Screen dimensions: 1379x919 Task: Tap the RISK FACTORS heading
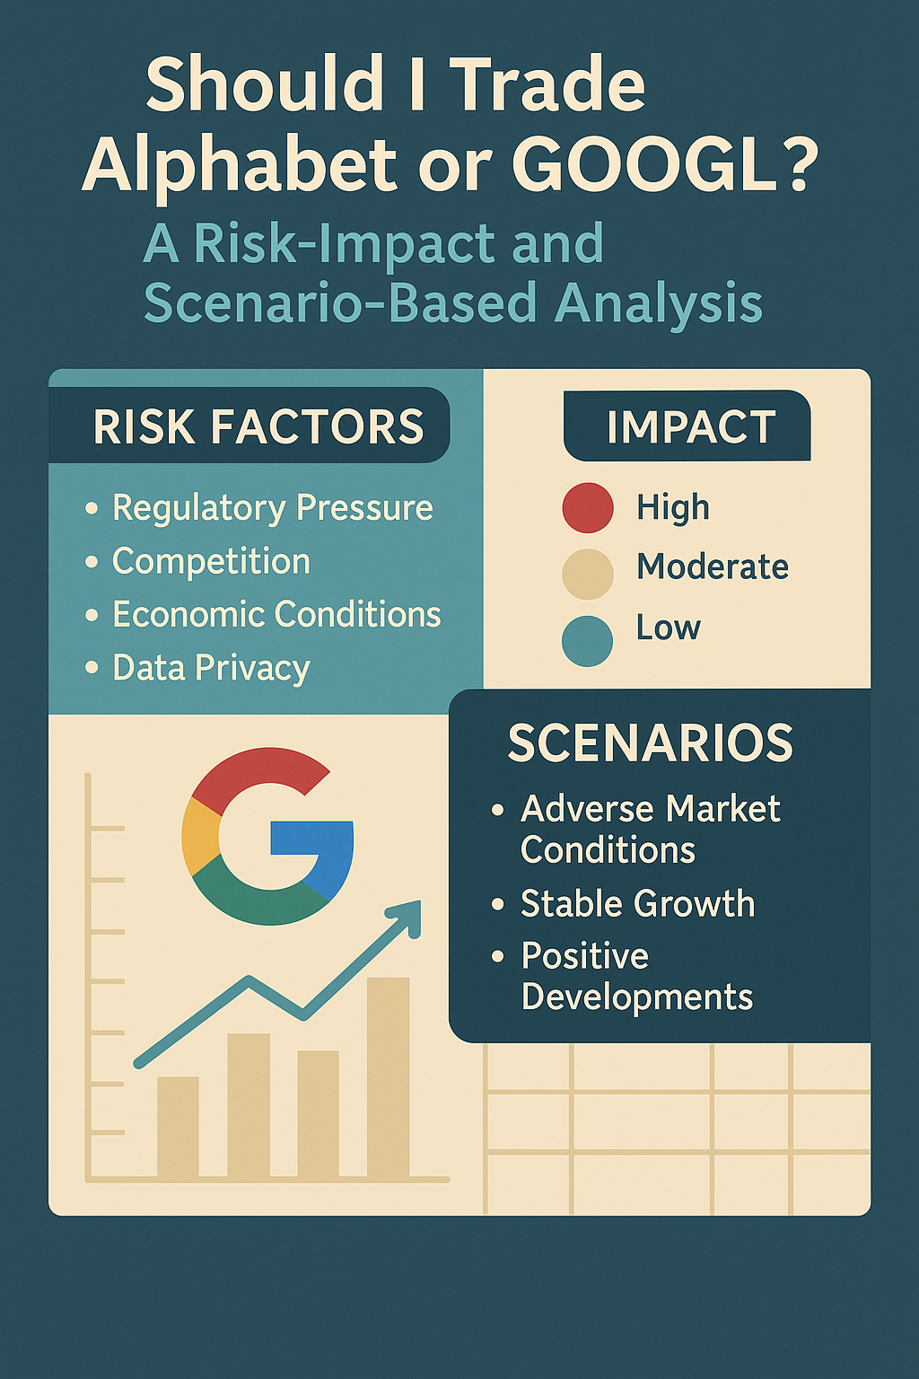point(258,426)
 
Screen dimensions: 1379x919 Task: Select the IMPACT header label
point(690,426)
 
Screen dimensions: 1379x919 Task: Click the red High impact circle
point(588,508)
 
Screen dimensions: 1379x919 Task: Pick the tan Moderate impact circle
point(588,574)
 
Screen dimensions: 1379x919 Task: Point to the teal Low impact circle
point(588,640)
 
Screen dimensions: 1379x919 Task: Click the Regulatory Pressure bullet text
point(272,508)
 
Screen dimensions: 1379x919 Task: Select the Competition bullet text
point(211,562)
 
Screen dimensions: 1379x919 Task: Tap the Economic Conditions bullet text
point(276,615)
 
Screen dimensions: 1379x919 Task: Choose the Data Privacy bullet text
point(211,668)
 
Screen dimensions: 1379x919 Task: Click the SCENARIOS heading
point(651,743)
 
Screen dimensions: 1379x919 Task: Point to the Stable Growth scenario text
point(637,904)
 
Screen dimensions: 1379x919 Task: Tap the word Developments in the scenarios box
point(637,997)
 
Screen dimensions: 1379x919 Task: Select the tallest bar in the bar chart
point(389,1077)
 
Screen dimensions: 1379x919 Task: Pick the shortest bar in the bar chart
point(178,1127)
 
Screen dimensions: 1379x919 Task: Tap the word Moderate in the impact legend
point(713,567)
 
